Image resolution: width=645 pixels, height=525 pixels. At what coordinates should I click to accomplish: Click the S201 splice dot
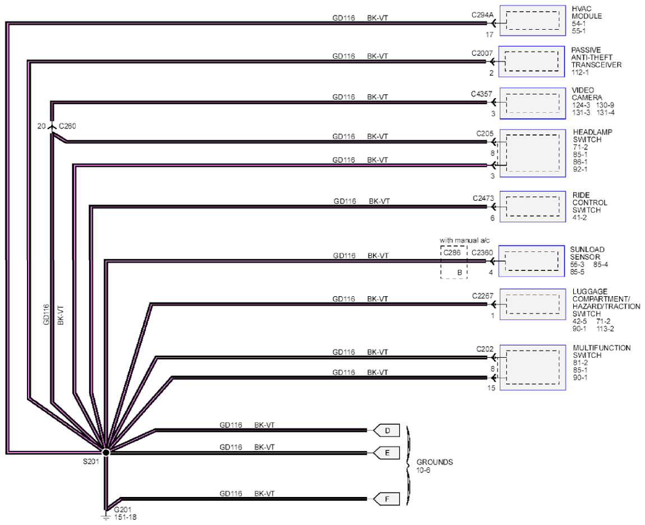pyautogui.click(x=105, y=453)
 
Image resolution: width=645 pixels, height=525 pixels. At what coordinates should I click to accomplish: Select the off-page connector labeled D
pyautogui.click(x=386, y=431)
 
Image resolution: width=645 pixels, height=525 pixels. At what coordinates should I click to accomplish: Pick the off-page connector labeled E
pyautogui.click(x=386, y=453)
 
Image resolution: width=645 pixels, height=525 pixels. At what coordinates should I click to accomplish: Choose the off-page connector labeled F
pyautogui.click(x=386, y=499)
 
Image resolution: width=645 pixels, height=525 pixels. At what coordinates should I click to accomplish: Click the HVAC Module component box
pyautogui.click(x=532, y=21)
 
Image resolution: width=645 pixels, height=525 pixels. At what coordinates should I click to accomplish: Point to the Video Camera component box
pyautogui.click(x=532, y=103)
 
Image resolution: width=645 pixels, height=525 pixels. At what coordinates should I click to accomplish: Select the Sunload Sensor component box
pyautogui.click(x=532, y=261)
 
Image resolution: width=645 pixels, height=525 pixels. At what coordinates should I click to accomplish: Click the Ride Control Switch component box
pyautogui.click(x=532, y=206)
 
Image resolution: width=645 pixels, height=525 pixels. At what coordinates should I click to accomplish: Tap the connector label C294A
pyautogui.click(x=482, y=15)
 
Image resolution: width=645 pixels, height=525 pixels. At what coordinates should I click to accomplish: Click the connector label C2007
pyautogui.click(x=482, y=53)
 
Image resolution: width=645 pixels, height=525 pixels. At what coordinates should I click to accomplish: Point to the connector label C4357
pyautogui.click(x=482, y=94)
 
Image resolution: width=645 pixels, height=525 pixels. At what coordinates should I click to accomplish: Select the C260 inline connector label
pyautogui.click(x=67, y=126)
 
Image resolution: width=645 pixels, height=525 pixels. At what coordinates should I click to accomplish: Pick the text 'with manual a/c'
pyautogui.click(x=464, y=240)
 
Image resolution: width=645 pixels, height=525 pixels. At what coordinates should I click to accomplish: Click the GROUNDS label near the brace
pyautogui.click(x=434, y=462)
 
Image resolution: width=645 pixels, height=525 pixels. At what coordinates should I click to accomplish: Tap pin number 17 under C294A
pyautogui.click(x=489, y=35)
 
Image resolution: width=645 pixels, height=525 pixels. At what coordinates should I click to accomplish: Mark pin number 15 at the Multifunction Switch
pyautogui.click(x=491, y=388)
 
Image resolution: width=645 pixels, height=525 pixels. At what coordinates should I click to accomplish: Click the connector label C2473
pyautogui.click(x=483, y=198)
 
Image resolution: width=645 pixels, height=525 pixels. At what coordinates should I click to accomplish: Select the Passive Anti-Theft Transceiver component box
pyautogui.click(x=532, y=61)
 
